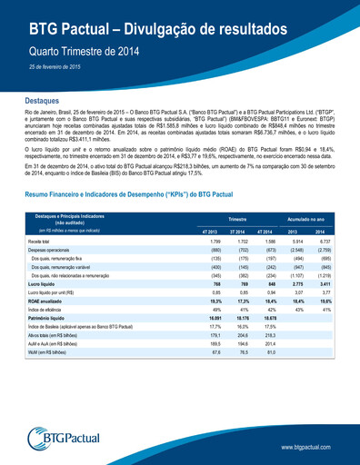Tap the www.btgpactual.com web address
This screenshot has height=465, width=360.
click(312, 448)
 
